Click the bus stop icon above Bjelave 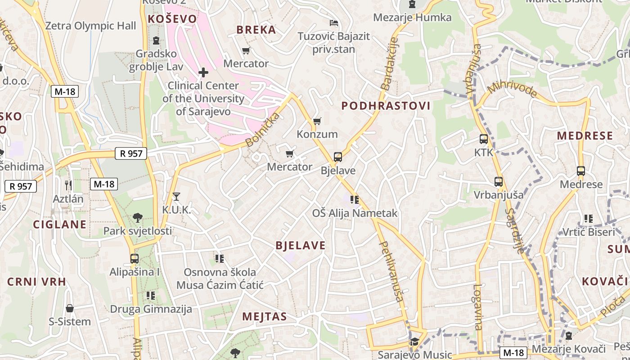338,157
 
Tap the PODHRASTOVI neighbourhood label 386,106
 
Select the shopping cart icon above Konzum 317,121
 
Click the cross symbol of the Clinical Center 203,72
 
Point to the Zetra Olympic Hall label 90,26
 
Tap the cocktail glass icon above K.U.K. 176,197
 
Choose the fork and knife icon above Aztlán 68,184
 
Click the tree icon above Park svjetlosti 138,218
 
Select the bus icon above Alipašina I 134,259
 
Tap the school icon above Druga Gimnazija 151,296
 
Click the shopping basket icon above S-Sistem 70,308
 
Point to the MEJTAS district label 265,316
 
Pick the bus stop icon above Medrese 581,171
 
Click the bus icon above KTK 484,139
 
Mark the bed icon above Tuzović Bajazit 333,22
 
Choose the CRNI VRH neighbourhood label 36,282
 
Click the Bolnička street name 263,130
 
